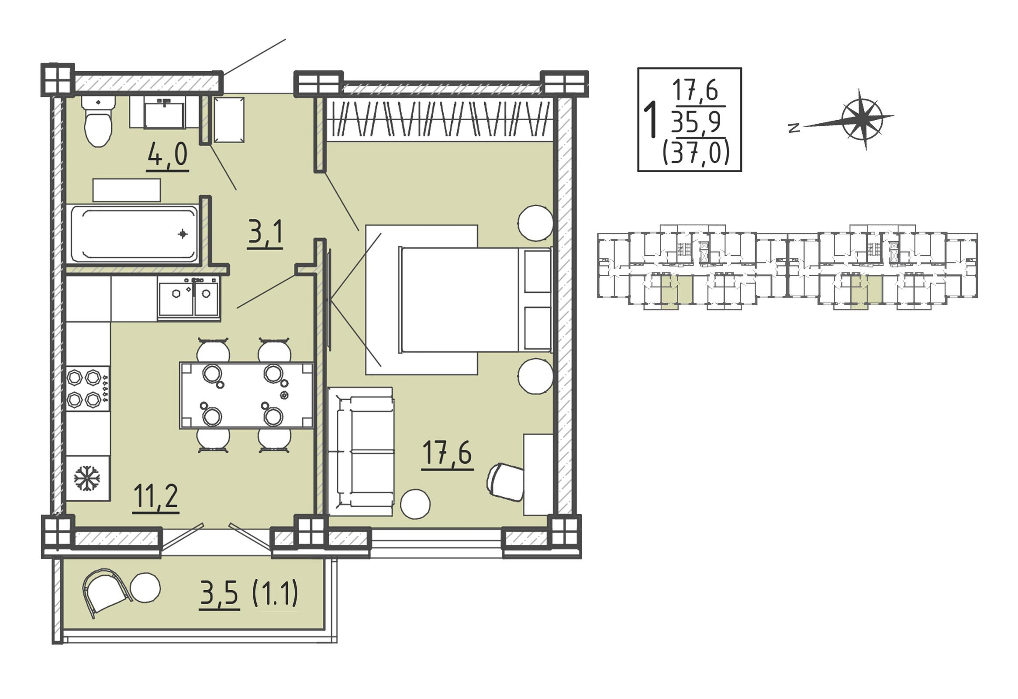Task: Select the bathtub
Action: click(135, 234)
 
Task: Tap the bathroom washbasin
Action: click(164, 113)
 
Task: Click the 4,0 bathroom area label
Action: click(167, 156)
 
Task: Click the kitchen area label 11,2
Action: click(155, 498)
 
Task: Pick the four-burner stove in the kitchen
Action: click(88, 389)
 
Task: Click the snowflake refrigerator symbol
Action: click(87, 478)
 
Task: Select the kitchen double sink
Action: click(189, 298)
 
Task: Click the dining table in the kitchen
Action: click(246, 395)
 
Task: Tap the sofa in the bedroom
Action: click(361, 452)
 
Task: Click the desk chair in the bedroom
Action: click(505, 482)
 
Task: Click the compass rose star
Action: click(862, 119)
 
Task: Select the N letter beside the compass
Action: click(793, 128)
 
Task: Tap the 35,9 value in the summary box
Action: click(696, 122)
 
